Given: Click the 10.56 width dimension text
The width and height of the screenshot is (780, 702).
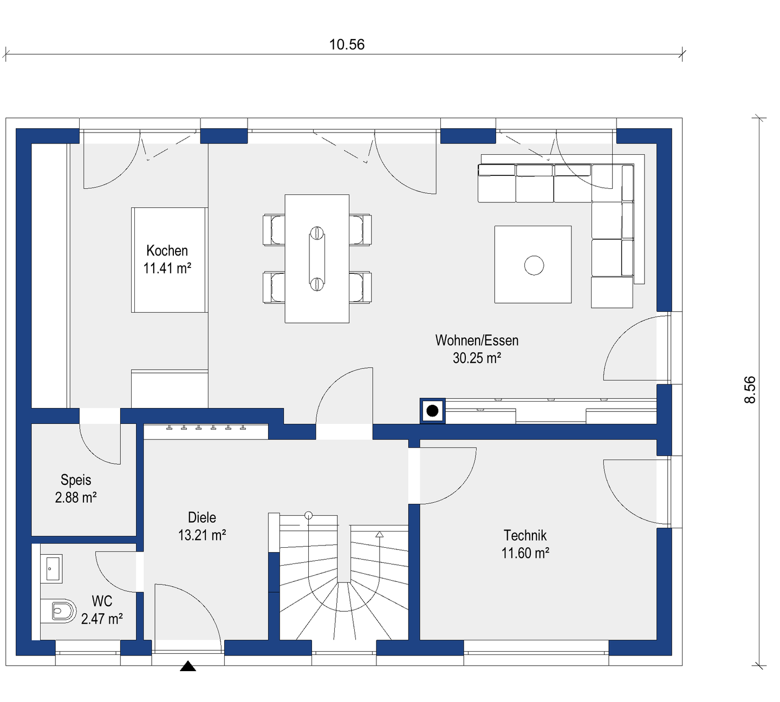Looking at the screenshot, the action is click(347, 45).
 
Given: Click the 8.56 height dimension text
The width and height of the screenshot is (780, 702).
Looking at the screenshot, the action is click(750, 390).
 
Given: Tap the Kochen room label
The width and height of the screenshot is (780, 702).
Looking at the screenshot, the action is click(167, 251).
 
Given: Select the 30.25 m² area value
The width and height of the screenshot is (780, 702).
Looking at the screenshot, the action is click(477, 358).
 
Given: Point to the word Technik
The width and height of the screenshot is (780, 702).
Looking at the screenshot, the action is click(525, 535).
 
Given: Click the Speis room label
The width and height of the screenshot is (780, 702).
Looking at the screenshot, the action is click(76, 480).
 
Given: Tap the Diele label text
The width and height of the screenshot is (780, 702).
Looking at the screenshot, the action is click(202, 517).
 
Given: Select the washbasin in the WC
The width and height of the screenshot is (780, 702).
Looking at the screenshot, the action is click(51, 569).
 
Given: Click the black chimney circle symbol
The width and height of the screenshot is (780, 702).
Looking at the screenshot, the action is click(432, 410).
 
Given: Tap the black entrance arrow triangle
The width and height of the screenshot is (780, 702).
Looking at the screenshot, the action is click(188, 666).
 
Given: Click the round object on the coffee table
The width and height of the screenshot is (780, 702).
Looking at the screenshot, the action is click(534, 266).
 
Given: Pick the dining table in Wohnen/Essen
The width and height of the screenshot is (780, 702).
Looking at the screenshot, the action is click(317, 259).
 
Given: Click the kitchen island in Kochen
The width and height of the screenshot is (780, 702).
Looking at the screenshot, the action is click(168, 260).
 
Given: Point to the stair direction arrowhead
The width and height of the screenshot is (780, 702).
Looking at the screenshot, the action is click(380, 534).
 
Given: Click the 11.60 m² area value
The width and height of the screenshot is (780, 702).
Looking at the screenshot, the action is click(525, 553).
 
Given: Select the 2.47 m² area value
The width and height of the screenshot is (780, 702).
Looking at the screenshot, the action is click(102, 619).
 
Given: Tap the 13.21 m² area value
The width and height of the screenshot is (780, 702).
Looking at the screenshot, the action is click(202, 535).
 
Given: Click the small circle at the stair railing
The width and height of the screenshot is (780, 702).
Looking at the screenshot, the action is click(308, 515).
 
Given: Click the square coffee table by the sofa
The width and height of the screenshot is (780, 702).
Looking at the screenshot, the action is click(532, 264).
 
